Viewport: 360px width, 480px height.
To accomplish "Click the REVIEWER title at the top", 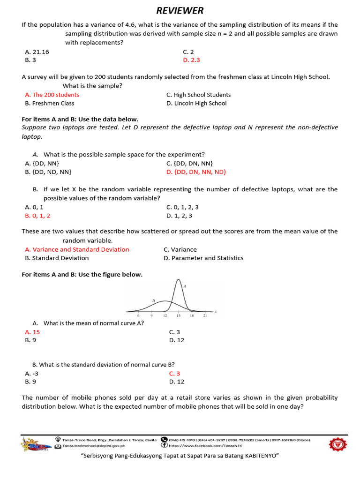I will click(x=180, y=11).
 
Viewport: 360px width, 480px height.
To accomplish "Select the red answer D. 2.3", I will click(x=191, y=60).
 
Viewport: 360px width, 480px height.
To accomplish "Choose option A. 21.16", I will click(x=37, y=52).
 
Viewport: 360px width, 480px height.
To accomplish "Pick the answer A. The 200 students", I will click(x=52, y=95).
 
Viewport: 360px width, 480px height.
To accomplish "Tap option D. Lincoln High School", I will click(x=196, y=103).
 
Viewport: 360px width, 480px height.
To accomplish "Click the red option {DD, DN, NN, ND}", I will click(x=196, y=172).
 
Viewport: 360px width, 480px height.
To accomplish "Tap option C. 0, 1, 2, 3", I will click(x=182, y=207).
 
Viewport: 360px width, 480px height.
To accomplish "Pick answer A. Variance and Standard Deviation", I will click(x=77, y=249).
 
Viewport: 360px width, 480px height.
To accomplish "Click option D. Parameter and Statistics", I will click(x=203, y=258).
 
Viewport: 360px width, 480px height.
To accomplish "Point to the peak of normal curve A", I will click(x=178, y=280).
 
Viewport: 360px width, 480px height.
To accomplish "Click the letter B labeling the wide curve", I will click(x=153, y=300).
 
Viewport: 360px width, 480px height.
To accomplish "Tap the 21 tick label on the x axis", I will click(x=205, y=316).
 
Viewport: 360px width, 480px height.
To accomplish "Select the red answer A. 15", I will click(x=32, y=332).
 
